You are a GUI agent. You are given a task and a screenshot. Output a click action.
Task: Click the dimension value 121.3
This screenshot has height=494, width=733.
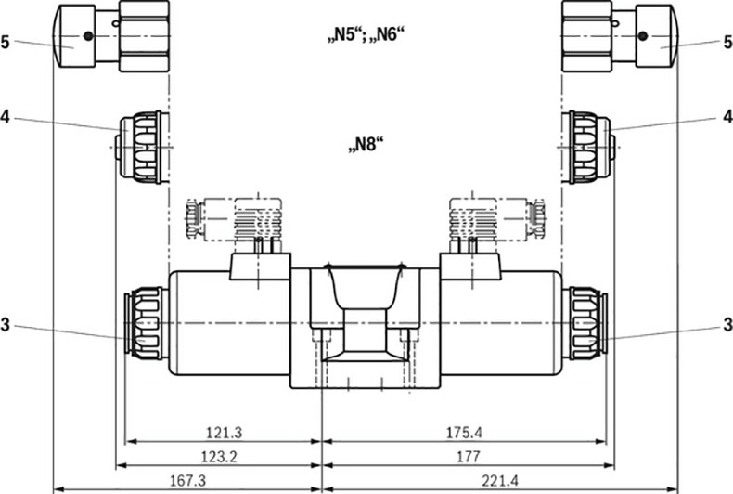click(225, 433)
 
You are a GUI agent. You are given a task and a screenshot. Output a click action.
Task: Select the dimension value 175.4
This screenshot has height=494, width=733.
click(464, 433)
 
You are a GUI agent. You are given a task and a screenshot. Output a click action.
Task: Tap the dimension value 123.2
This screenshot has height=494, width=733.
click(219, 456)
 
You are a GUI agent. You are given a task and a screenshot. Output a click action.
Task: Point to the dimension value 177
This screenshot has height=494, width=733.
click(468, 456)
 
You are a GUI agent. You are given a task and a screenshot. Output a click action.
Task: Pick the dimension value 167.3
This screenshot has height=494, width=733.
click(187, 480)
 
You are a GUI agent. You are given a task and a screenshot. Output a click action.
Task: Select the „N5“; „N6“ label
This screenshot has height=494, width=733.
click(365, 34)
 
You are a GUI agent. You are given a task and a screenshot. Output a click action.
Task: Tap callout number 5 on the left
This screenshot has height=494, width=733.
click(6, 43)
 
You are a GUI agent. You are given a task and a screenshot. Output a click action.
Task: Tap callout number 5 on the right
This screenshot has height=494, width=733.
click(727, 43)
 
